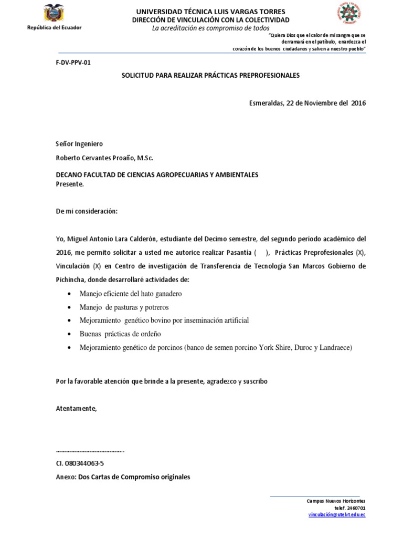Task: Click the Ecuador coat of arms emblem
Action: (55, 14)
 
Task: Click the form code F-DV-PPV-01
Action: (73, 62)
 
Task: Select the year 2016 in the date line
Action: (358, 103)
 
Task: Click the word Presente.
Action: (69, 184)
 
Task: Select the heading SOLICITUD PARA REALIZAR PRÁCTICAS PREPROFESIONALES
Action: (210, 76)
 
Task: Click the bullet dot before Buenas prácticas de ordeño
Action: (71, 334)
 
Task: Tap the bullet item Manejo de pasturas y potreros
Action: (124, 307)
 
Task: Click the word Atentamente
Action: (77, 408)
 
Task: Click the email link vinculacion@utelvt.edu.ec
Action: (336, 515)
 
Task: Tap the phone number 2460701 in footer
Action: (357, 508)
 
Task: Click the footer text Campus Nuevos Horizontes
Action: (336, 501)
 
